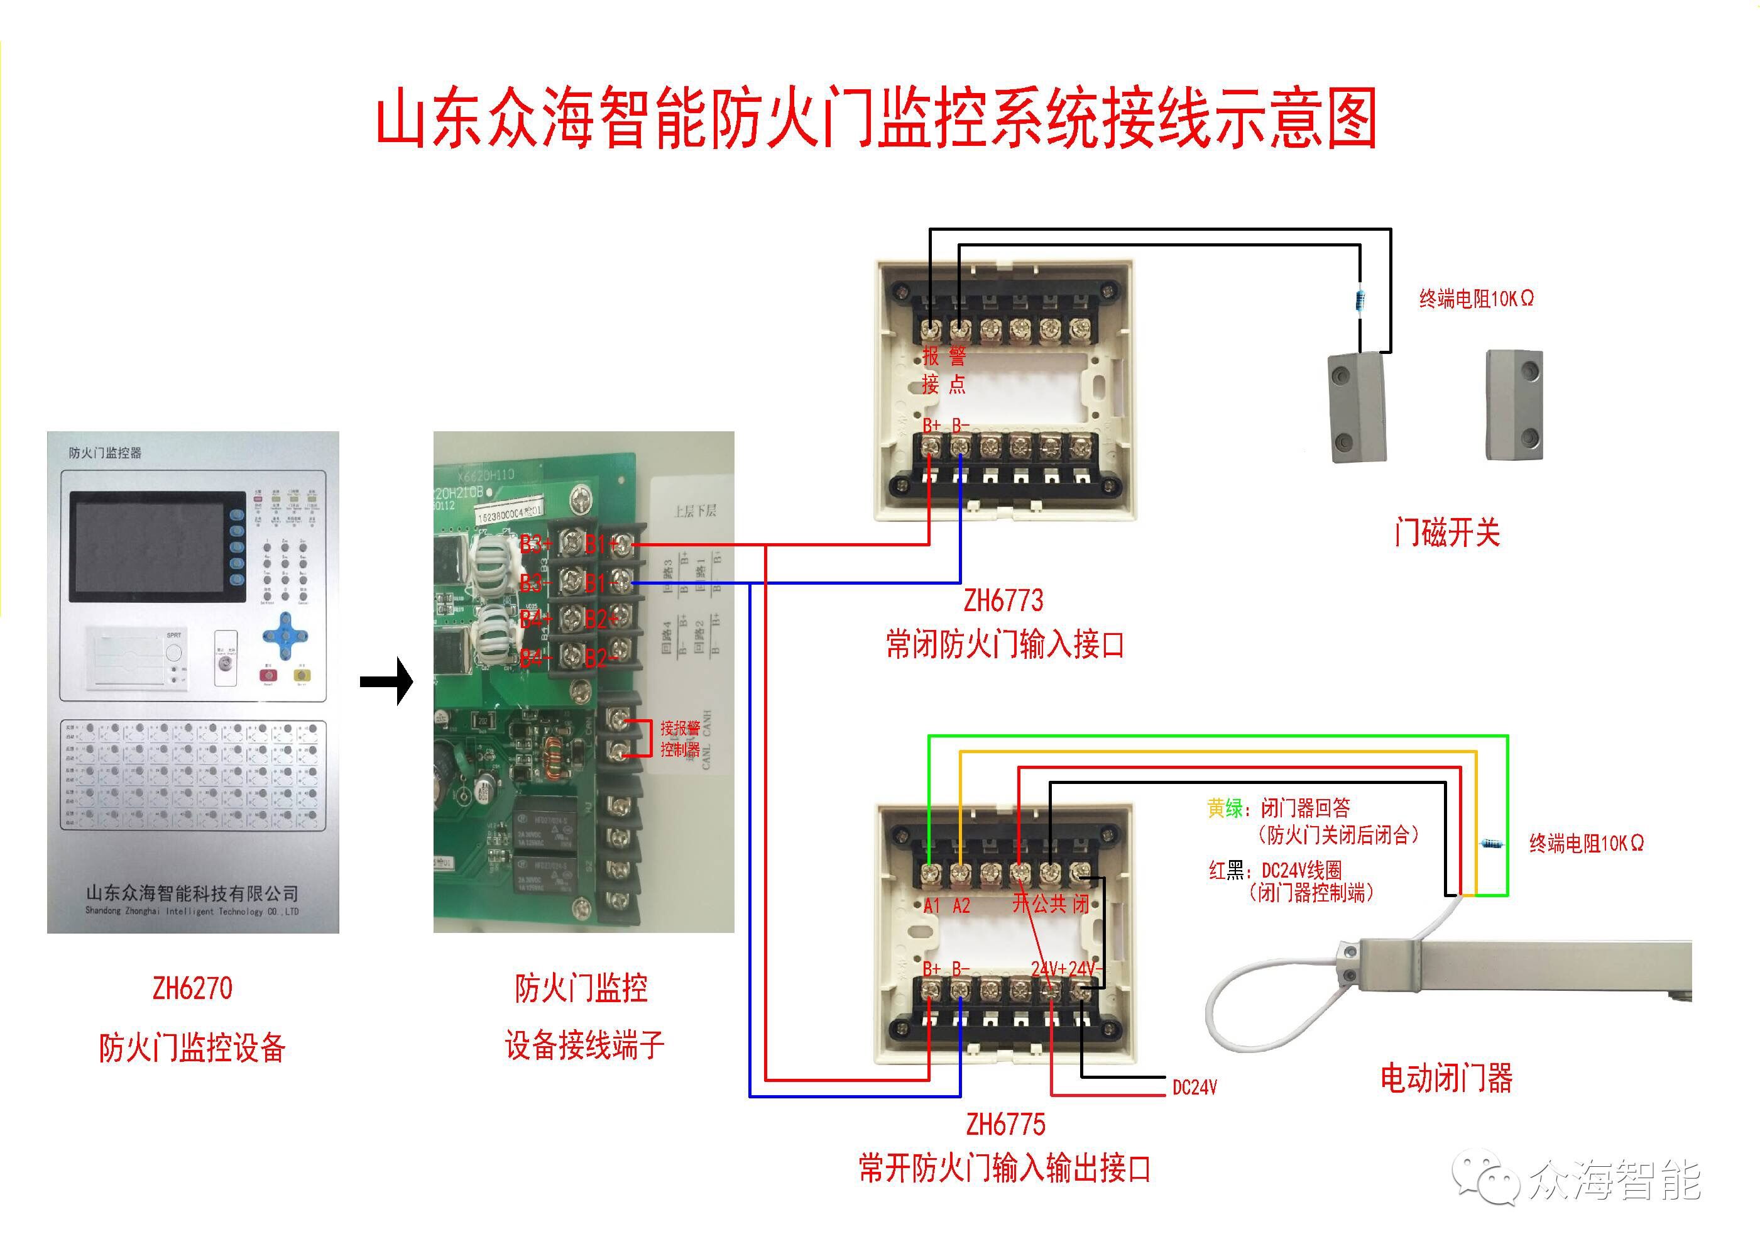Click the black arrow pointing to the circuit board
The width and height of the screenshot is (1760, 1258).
pyautogui.click(x=387, y=681)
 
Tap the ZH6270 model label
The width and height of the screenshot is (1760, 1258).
pyautogui.click(x=192, y=988)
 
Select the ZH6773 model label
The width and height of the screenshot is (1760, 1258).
pyautogui.click(x=1003, y=600)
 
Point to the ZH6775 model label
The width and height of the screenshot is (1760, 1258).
pyautogui.click(x=1005, y=1124)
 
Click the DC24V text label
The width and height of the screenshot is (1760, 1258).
pyautogui.click(x=1194, y=1088)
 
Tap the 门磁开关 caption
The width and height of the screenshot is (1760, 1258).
pyautogui.click(x=1446, y=533)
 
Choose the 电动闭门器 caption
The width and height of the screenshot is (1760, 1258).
pyautogui.click(x=1446, y=1078)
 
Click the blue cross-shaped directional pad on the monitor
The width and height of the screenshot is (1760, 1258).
pyautogui.click(x=285, y=637)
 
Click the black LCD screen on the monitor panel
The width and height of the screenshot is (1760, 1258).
pyautogui.click(x=147, y=547)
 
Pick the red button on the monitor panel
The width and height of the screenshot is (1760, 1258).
pyautogui.click(x=268, y=674)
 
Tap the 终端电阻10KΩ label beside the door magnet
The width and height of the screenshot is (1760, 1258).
pyautogui.click(x=1476, y=298)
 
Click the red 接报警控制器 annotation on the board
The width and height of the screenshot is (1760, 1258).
pyautogui.click(x=680, y=738)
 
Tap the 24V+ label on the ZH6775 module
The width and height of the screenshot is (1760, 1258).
pyautogui.click(x=1049, y=969)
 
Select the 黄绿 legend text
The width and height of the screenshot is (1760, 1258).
pyautogui.click(x=1224, y=808)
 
